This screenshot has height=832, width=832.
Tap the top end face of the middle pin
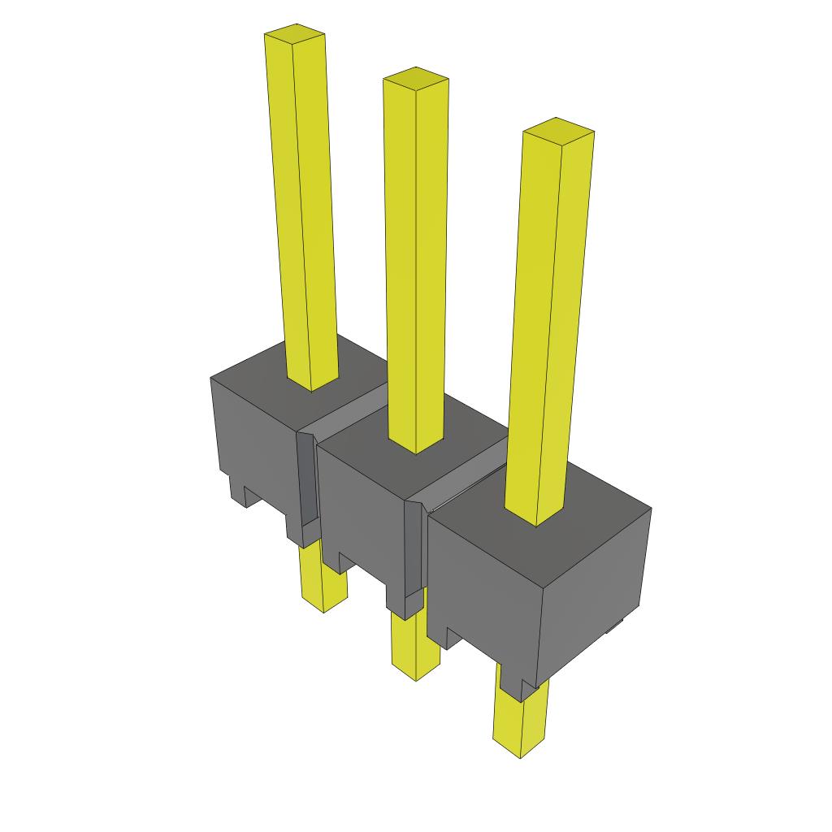pos(415,77)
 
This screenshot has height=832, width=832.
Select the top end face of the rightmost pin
pos(558,128)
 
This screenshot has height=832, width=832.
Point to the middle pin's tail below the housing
pos(415,646)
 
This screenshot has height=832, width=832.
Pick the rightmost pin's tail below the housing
pos(520,723)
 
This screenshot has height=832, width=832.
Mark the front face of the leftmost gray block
pos(252,439)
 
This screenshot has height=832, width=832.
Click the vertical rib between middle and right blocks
pos(414,552)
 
